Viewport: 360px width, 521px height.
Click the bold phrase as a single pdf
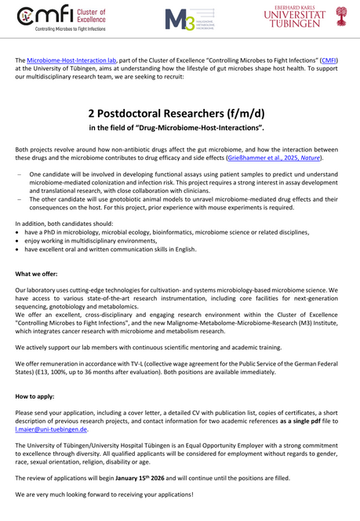(296, 421)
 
